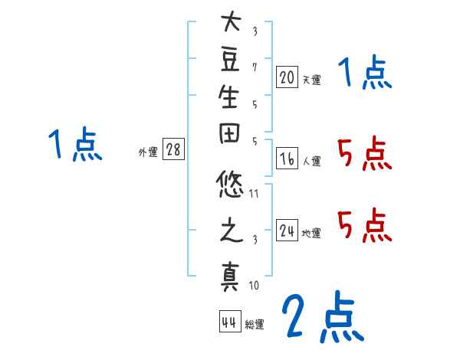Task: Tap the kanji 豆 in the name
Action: [x=231, y=62]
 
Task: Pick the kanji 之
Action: [x=231, y=232]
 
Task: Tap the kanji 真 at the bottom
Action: [x=231, y=274]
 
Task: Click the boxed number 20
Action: [x=287, y=77]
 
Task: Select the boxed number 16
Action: [x=287, y=159]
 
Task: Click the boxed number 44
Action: [x=229, y=322]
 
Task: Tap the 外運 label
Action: [x=148, y=152]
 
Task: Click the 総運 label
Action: [x=255, y=325]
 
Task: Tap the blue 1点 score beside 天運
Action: [x=365, y=75]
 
